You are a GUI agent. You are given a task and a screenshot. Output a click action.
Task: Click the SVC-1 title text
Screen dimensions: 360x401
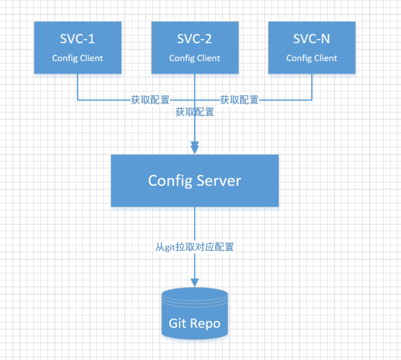pos(77,39)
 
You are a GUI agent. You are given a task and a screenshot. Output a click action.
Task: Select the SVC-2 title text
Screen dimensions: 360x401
pos(195,39)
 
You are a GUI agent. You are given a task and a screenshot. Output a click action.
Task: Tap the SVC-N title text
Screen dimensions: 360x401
pos(312,39)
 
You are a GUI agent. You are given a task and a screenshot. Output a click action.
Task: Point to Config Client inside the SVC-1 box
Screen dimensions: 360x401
pos(77,58)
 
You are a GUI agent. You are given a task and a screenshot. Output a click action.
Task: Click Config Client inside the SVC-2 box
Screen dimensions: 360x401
pos(195,58)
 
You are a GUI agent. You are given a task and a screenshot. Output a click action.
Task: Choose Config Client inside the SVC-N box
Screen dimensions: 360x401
pos(312,58)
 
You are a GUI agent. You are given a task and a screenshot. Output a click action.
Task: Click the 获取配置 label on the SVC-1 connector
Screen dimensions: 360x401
pos(150,100)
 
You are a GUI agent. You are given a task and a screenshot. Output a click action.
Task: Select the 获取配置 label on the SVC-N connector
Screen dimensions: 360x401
pos(239,100)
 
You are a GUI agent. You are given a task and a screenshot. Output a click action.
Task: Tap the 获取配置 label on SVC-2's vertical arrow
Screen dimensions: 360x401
pos(195,112)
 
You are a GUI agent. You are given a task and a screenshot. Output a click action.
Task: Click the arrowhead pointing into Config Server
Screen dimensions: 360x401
pos(195,147)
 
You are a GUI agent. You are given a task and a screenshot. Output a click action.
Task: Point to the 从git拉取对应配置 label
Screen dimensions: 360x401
pos(195,246)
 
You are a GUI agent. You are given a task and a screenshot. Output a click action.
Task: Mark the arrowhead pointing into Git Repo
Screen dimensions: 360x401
pos(195,281)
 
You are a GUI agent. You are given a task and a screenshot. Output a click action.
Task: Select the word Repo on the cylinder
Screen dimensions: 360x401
pos(206,323)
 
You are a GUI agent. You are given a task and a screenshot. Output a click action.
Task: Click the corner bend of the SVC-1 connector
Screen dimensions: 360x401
pos(77,100)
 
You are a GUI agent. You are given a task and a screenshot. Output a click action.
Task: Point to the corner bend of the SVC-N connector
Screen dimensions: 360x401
pos(312,100)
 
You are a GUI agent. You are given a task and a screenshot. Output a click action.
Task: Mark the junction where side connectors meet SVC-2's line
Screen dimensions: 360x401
pos(195,100)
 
